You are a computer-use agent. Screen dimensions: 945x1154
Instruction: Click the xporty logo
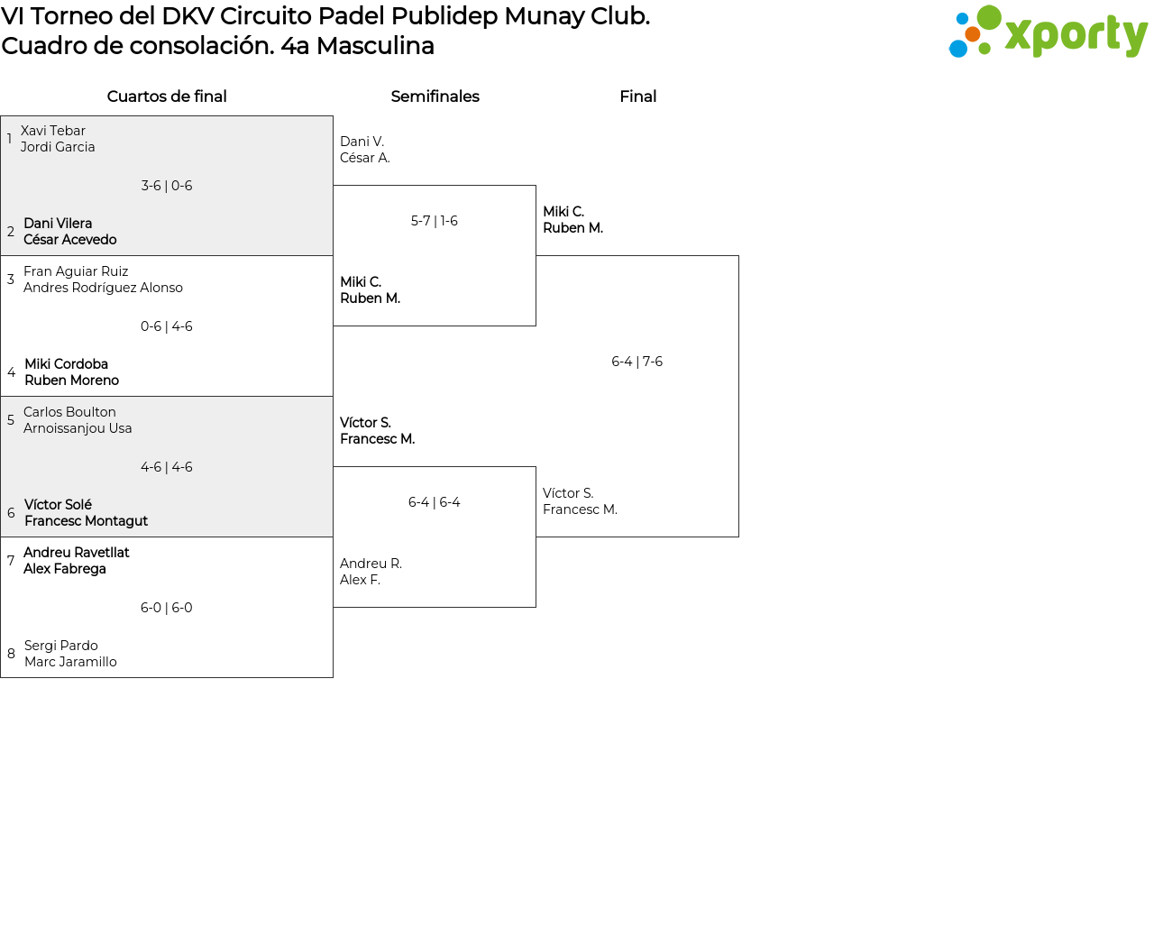point(1048,32)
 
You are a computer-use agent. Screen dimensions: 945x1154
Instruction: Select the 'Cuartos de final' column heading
point(167,96)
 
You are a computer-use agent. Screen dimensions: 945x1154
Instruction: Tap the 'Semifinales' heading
point(435,96)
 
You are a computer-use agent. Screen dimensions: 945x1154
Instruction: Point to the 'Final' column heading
point(637,96)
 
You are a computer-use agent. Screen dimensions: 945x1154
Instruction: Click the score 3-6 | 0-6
point(167,186)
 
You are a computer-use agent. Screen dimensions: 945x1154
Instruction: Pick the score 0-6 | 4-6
point(167,326)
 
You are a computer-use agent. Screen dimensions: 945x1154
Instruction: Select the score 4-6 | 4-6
point(167,467)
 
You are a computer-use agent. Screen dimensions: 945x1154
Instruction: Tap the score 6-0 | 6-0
point(167,608)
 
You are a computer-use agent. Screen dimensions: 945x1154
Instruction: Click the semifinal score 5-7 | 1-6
point(435,221)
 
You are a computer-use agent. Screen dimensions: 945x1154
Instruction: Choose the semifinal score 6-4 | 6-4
point(435,502)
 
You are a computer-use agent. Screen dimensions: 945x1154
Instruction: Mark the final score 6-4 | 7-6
point(637,362)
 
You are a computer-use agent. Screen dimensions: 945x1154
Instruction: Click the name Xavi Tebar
point(53,131)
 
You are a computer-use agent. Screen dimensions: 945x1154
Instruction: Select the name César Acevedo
point(70,240)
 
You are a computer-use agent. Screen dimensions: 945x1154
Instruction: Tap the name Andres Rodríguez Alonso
point(103,288)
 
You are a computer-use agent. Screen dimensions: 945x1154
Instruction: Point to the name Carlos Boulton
point(69,412)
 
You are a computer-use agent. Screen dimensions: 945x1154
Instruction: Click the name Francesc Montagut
point(86,521)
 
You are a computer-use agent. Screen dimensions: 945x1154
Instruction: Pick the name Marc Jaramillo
point(70,662)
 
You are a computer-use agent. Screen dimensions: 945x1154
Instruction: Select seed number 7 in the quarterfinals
point(11,561)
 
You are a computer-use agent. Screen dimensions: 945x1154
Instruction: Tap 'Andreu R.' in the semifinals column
point(371,564)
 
